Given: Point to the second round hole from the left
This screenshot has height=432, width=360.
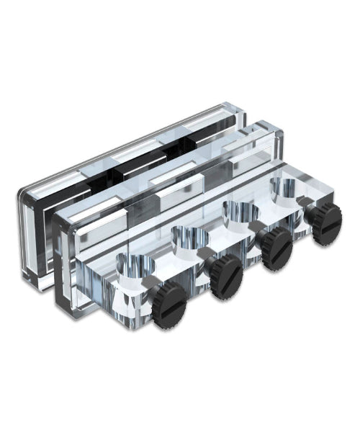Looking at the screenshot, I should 192,238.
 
